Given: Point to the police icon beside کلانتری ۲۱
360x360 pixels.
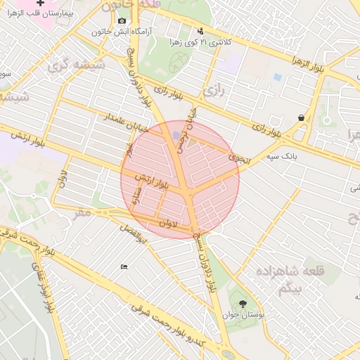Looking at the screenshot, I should click(x=200, y=31).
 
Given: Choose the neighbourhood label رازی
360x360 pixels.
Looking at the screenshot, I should click(x=212, y=91).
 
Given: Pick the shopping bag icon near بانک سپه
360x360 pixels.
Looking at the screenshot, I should click(x=301, y=118).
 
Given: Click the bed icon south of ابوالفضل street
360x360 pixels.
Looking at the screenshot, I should click(x=124, y=266).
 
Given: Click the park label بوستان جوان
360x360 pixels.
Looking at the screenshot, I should click(x=244, y=316).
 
